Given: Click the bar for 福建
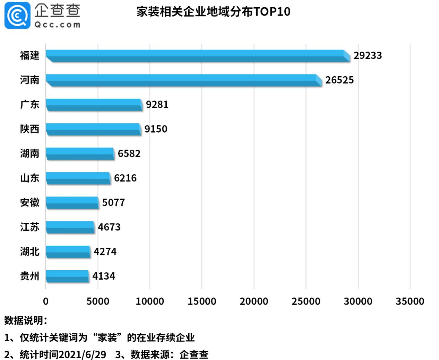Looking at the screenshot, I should pyautogui.click(x=198, y=56).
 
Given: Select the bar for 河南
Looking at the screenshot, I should pyautogui.click(x=184, y=80).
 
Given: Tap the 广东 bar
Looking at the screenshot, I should pyautogui.click(x=94, y=105).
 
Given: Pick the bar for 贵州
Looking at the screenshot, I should pyautogui.click(x=67, y=276).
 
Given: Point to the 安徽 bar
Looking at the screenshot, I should pyautogui.click(x=72, y=203).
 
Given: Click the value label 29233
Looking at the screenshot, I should pyautogui.click(x=368, y=55).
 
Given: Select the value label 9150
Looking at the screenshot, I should pyautogui.click(x=156, y=129).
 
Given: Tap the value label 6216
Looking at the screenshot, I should pyautogui.click(x=125, y=178).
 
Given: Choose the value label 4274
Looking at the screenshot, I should pyautogui.click(x=105, y=252).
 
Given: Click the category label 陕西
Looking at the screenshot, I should pyautogui.click(x=29, y=129).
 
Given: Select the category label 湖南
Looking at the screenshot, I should pyautogui.click(x=29, y=153).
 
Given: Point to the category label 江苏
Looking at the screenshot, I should pyautogui.click(x=29, y=227).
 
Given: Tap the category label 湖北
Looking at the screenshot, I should pyautogui.click(x=29, y=252).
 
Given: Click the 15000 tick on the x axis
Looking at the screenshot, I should pyautogui.click(x=202, y=301).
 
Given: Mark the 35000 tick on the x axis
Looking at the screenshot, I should pyautogui.click(x=410, y=301).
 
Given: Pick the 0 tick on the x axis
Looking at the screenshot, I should pyautogui.click(x=46, y=301).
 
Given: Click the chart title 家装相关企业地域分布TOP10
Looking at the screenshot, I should pyautogui.click(x=213, y=12).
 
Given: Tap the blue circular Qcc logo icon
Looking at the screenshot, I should pyautogui.click(x=17, y=15).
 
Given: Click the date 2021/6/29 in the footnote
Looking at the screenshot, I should pyautogui.click(x=83, y=354).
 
